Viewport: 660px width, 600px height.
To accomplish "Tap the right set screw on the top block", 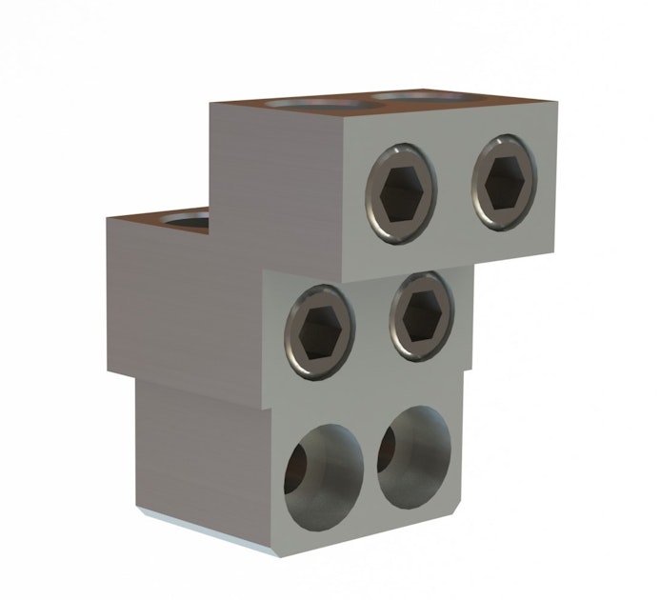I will point(504,181).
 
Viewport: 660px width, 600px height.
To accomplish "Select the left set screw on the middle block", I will point(319,330).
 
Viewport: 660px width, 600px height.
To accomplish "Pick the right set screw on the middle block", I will point(420,316).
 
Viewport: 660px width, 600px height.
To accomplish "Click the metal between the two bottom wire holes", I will point(370,467).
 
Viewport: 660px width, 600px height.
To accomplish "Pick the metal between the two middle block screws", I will point(371,324).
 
